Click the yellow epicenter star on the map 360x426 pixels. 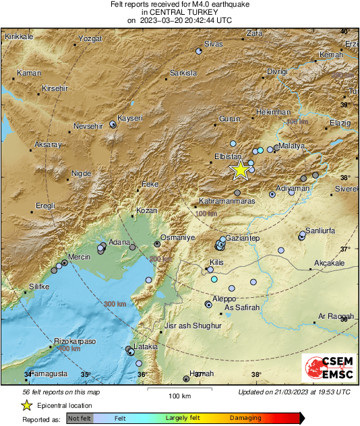click(240, 170)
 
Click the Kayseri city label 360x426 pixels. click(130, 118)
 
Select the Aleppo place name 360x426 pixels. click(224, 298)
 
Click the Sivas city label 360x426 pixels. click(213, 44)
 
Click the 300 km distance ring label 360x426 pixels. click(115, 305)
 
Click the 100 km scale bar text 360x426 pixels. click(179, 396)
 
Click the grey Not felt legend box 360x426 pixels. click(79, 419)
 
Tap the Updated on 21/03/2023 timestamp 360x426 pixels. click(294, 392)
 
